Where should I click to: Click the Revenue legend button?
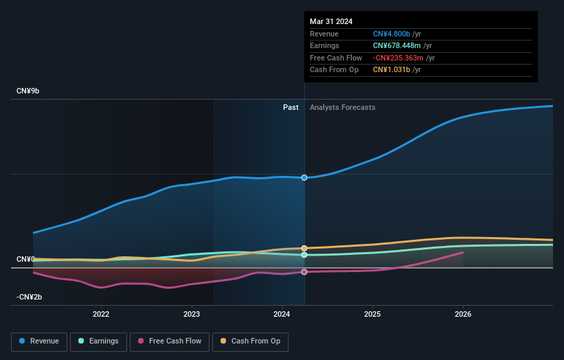(x=39, y=341)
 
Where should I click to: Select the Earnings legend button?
(x=98, y=341)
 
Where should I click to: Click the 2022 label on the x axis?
(x=101, y=315)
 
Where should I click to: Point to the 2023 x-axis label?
(x=192, y=315)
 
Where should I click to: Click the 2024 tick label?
(x=282, y=315)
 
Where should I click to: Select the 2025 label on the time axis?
(x=372, y=315)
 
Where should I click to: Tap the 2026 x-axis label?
(x=463, y=315)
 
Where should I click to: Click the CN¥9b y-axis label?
(x=29, y=91)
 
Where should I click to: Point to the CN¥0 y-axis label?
(x=25, y=259)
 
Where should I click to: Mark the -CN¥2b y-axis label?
(x=30, y=297)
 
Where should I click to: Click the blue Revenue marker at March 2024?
(x=304, y=178)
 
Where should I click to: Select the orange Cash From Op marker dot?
(x=304, y=248)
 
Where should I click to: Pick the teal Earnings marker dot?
(x=304, y=255)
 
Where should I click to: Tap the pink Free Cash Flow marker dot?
(x=304, y=272)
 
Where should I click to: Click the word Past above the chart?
(x=291, y=107)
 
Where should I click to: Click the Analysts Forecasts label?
(x=343, y=107)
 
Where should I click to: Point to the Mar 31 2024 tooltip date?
(x=331, y=21)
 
